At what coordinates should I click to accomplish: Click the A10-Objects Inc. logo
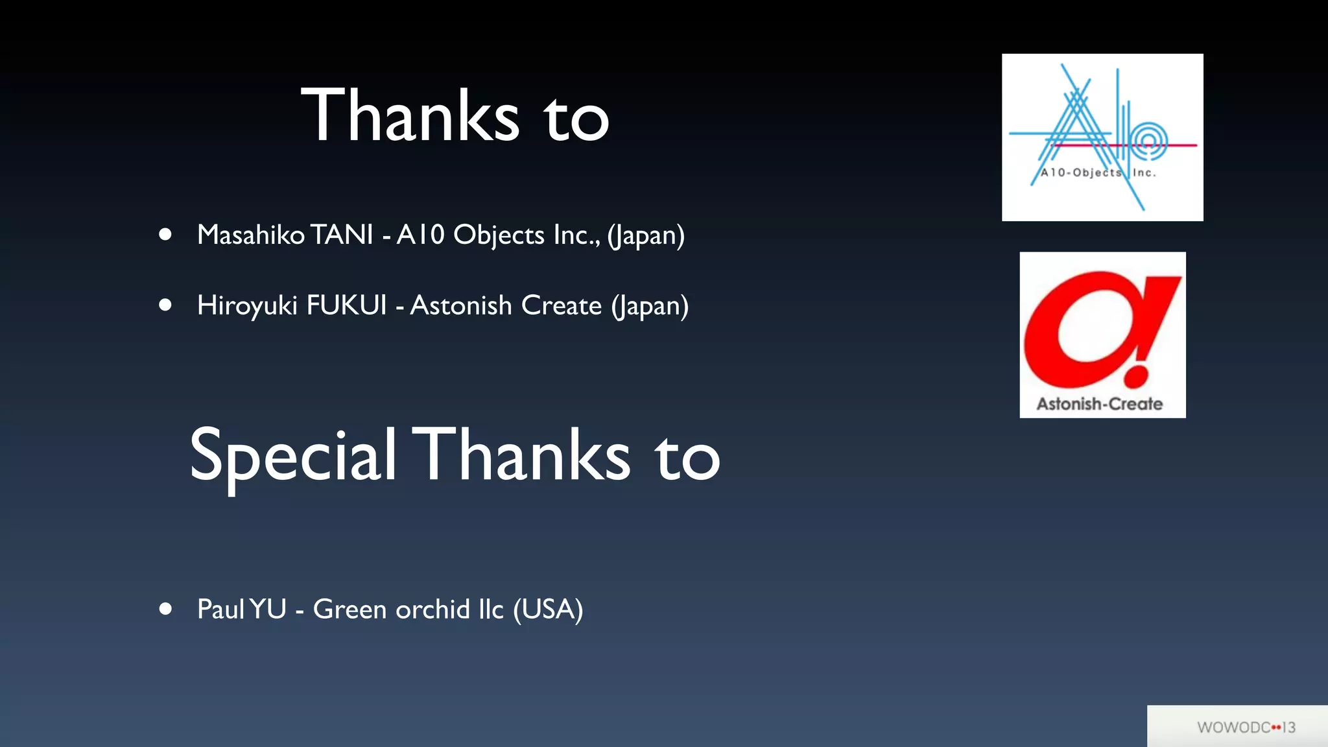(x=1102, y=137)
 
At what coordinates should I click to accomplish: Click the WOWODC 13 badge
(x=1246, y=727)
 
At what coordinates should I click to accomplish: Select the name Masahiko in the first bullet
(x=250, y=235)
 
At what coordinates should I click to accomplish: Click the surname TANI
(x=342, y=235)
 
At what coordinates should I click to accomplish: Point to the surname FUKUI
(x=346, y=305)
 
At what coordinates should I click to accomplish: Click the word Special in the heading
(x=292, y=456)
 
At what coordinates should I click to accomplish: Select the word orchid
(x=433, y=610)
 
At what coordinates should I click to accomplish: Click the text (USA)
(x=548, y=610)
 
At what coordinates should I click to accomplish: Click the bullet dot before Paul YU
(x=165, y=609)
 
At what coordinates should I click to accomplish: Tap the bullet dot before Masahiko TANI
(x=165, y=234)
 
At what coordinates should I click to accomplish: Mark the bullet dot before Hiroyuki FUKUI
(x=165, y=305)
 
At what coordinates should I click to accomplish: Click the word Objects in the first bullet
(x=499, y=235)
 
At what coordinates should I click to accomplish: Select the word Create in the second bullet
(x=561, y=305)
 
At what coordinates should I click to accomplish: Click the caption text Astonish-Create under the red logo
(x=1099, y=404)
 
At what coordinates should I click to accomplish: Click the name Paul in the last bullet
(x=220, y=610)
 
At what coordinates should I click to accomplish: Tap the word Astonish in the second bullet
(x=461, y=305)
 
